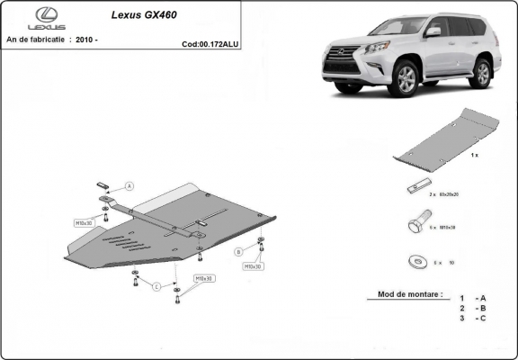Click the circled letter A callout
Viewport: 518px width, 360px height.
[129, 186]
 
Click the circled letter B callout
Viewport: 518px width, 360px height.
[238, 251]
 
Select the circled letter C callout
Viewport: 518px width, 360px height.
[156, 286]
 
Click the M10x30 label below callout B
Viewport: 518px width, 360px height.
[253, 266]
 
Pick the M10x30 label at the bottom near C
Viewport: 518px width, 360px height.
[204, 278]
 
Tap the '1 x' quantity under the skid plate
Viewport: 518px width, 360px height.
[474, 157]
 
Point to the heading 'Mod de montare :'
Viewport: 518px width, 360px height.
[404, 295]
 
